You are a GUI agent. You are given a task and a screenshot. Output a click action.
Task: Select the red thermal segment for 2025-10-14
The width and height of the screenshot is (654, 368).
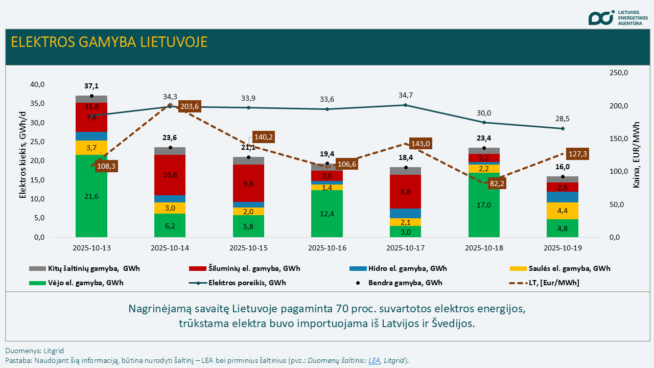170,175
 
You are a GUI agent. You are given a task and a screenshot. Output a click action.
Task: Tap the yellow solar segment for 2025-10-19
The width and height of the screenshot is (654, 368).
563,211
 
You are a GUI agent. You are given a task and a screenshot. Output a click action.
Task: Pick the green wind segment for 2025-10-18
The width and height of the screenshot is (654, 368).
484,205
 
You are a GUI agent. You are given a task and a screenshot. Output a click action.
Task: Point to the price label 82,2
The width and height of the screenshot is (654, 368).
497,183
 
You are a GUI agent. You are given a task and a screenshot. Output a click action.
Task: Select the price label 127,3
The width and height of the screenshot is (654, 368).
578,153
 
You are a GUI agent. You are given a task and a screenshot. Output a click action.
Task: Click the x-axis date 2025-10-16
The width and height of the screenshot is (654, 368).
327,248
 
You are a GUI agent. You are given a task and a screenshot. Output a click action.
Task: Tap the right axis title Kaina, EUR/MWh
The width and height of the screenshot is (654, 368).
637,155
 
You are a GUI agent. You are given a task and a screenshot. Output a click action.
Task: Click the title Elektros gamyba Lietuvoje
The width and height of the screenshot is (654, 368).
109,42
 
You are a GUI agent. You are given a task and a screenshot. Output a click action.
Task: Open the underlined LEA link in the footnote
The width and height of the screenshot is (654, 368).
374,360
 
